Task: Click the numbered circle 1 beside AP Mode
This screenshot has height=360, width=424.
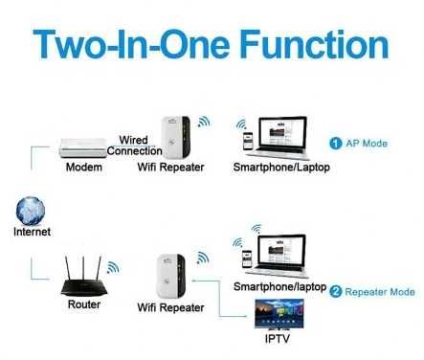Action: click(335, 143)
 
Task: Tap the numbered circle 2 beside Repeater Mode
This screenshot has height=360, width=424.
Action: click(335, 291)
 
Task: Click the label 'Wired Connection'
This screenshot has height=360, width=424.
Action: click(134, 146)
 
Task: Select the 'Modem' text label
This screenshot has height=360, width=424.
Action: click(83, 169)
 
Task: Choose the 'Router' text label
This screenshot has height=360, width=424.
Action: click(83, 307)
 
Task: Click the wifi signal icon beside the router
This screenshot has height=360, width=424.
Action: click(113, 267)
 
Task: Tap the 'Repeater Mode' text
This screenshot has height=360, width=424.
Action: click(379, 291)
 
